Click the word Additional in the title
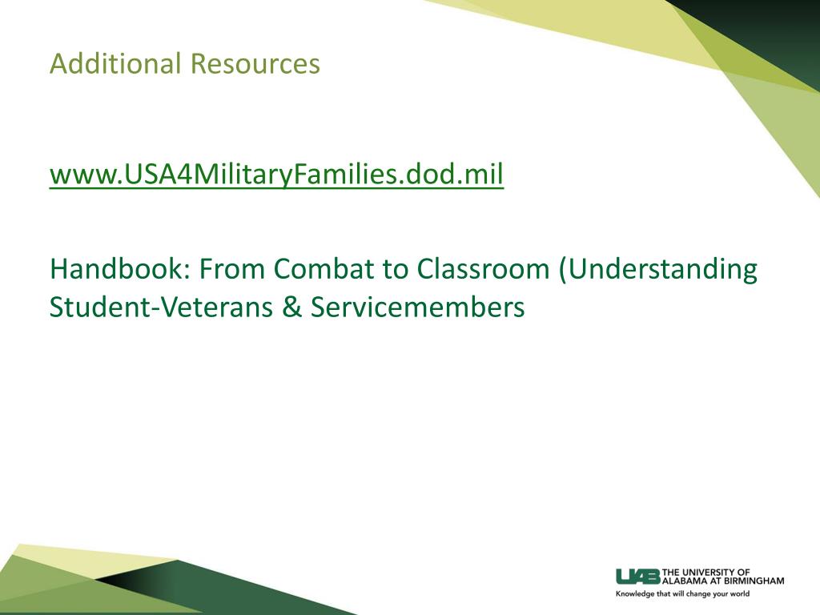115,64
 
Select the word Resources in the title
255,64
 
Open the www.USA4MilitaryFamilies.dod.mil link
276,175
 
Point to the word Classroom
483,269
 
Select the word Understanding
662,270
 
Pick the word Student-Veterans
161,307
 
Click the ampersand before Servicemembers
291,307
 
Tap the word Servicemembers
418,307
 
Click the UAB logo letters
638,577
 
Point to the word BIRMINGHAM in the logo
754,581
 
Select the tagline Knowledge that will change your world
682,593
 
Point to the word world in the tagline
740,593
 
